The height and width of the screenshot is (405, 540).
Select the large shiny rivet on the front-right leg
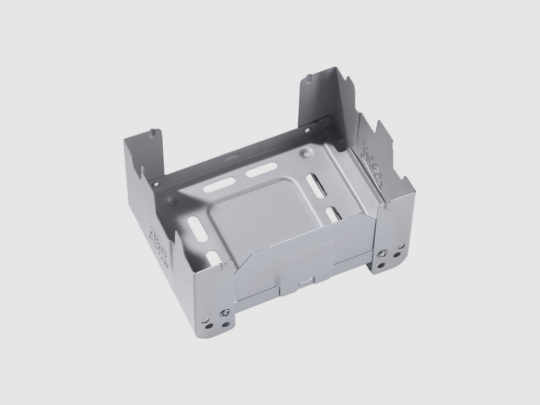click(x=384, y=253)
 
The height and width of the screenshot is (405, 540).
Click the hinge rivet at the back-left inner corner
click(x=156, y=183)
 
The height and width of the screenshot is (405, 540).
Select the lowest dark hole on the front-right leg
click(x=381, y=266)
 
